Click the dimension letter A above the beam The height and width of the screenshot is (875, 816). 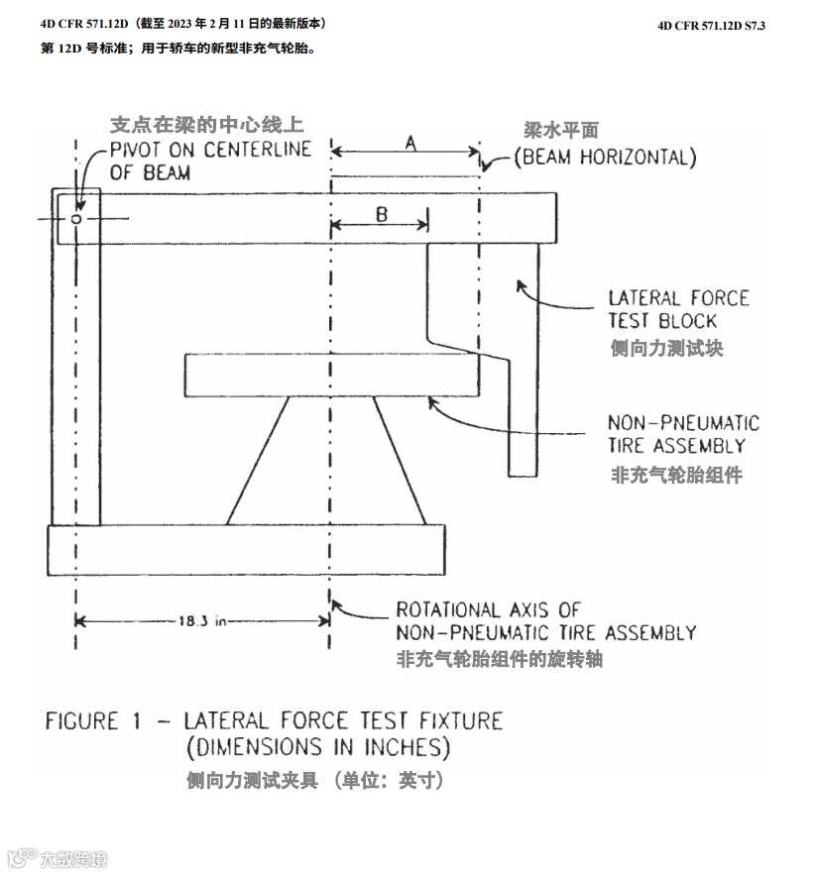[409, 143]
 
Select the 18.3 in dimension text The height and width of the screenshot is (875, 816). [202, 621]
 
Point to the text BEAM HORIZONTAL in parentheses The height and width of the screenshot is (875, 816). [604, 157]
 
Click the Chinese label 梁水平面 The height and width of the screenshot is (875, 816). [561, 130]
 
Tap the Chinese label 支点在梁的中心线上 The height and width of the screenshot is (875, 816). [206, 125]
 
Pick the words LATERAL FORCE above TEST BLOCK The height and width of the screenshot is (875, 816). [678, 297]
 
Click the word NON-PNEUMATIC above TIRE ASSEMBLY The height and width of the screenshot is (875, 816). [683, 423]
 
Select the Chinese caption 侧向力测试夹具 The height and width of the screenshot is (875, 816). [252, 780]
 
